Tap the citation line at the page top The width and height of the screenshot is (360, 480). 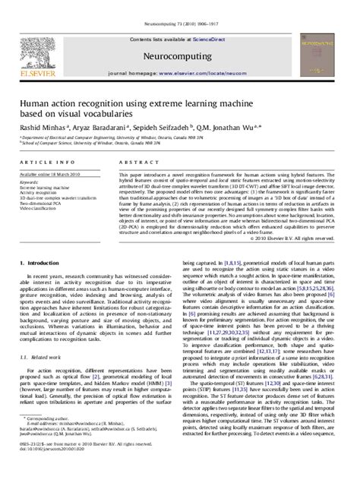pyautogui.click(x=180, y=6)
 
